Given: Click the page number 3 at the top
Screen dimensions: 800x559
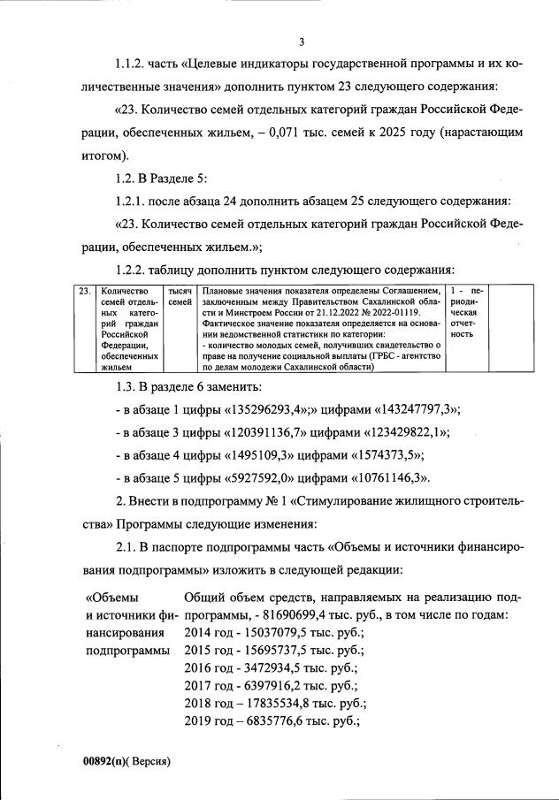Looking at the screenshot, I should (302, 42).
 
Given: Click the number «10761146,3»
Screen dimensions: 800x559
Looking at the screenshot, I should (382, 478).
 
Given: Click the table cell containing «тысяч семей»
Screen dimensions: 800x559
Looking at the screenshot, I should (180, 297).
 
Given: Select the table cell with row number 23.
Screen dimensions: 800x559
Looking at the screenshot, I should (83, 291).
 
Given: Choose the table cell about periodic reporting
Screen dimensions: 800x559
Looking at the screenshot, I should (466, 313).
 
